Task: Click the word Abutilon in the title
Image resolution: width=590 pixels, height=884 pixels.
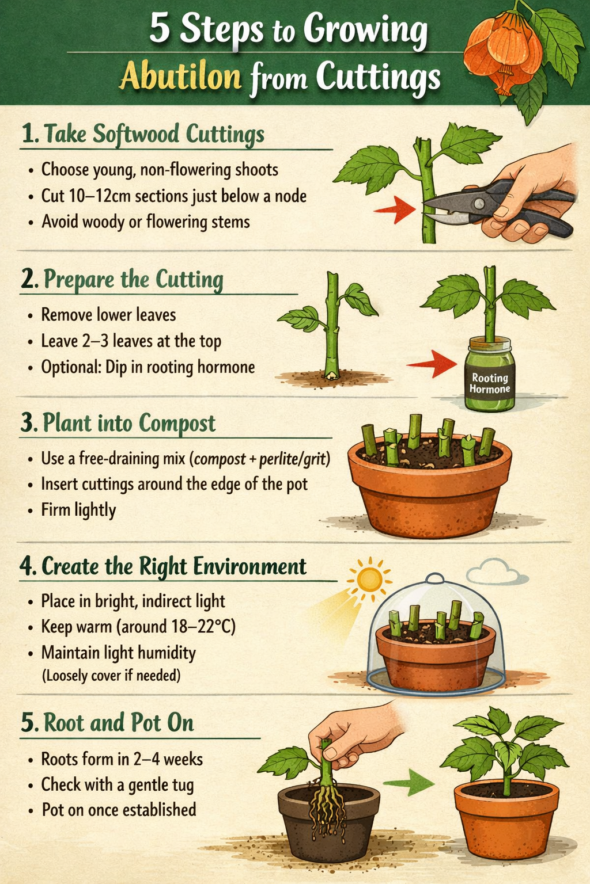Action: click(180, 77)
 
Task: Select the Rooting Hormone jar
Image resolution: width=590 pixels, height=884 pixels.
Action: click(489, 375)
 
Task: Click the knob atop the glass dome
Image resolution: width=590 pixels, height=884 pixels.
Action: click(434, 578)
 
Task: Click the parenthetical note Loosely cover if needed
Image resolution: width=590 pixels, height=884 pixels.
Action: click(111, 675)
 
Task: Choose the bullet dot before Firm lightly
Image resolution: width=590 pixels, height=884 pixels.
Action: click(30, 510)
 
